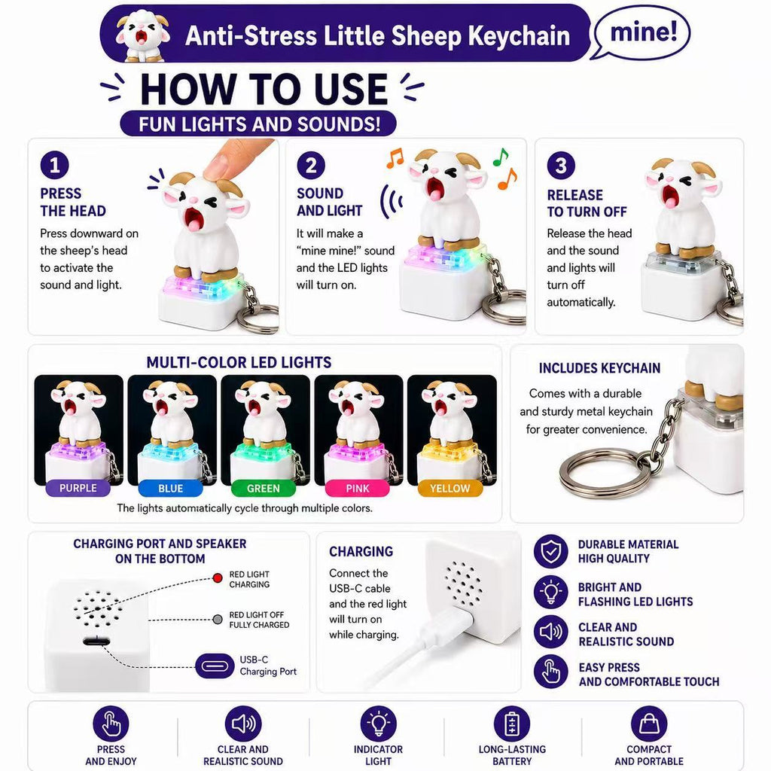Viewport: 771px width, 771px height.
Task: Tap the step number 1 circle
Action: pyautogui.click(x=54, y=165)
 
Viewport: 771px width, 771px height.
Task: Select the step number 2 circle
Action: pyautogui.click(x=311, y=165)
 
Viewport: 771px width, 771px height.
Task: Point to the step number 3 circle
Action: pyautogui.click(x=561, y=165)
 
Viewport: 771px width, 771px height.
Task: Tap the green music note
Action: pyautogui.click(x=501, y=157)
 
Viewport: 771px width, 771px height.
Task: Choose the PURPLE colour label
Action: pyautogui.click(x=78, y=488)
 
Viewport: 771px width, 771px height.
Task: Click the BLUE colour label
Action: pyautogui.click(x=171, y=488)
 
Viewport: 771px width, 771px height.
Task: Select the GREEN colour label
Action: pyautogui.click(x=264, y=488)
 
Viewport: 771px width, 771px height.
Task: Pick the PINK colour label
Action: pyautogui.click(x=357, y=488)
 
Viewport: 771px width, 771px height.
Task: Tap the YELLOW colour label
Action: pyautogui.click(x=450, y=488)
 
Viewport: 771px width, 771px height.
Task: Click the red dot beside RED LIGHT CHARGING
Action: pyautogui.click(x=218, y=577)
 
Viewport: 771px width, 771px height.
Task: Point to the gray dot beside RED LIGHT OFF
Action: pyautogui.click(x=218, y=619)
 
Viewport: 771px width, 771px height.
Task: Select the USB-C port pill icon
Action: pyautogui.click(x=215, y=666)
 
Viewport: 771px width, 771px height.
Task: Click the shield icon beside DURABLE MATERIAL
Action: pyautogui.click(x=551, y=551)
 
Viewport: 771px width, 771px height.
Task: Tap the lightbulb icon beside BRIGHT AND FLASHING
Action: pyautogui.click(x=551, y=593)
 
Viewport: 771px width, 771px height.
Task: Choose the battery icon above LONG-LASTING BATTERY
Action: pyautogui.click(x=512, y=724)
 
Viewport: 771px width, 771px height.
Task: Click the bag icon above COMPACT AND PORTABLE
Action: pyautogui.click(x=649, y=724)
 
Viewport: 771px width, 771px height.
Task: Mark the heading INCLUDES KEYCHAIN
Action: pyautogui.click(x=599, y=368)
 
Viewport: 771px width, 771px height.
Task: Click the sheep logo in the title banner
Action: pyautogui.click(x=142, y=35)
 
